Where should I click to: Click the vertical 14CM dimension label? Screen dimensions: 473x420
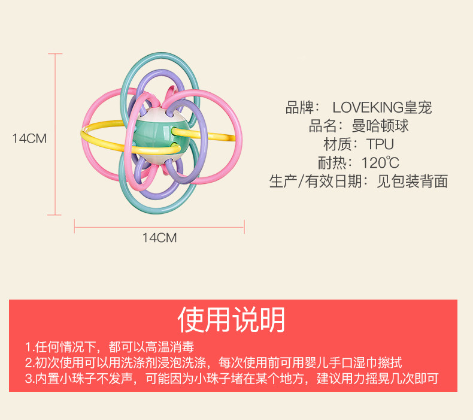(29, 138)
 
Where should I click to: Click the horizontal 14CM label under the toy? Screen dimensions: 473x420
(159, 238)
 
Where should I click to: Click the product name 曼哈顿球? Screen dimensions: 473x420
(381, 126)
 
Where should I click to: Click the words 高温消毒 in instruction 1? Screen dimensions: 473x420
(169, 348)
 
